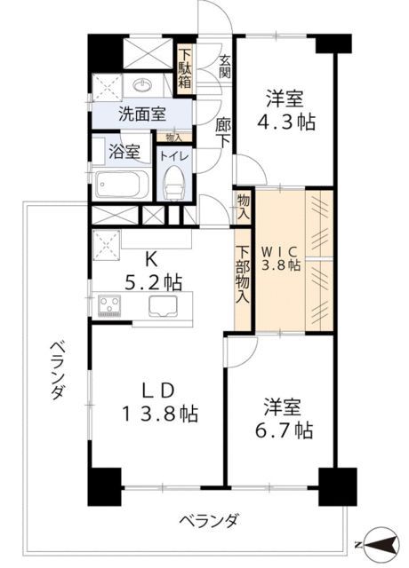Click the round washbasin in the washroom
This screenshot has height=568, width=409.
pyautogui.click(x=145, y=85)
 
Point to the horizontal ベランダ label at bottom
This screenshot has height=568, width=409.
pyautogui.click(x=205, y=521)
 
